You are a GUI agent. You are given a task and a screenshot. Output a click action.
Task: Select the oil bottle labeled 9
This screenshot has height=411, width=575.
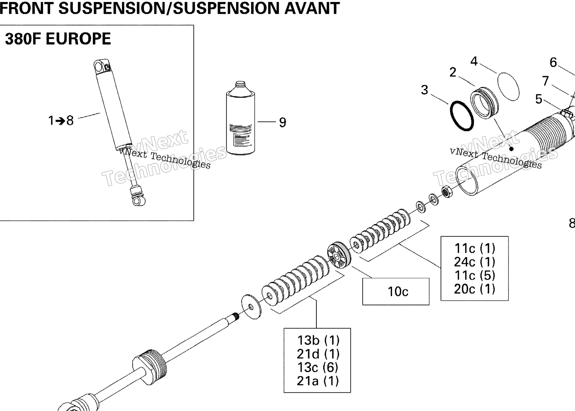240,118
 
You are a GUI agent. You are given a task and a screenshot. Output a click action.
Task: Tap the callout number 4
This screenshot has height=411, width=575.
474,61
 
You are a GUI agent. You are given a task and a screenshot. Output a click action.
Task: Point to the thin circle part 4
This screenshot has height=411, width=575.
508,86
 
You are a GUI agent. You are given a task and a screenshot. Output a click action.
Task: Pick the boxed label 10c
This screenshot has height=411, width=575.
398,292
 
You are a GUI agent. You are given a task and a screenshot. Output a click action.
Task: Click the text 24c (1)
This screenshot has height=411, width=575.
475,262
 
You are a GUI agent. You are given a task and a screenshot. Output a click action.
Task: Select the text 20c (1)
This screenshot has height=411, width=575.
475,289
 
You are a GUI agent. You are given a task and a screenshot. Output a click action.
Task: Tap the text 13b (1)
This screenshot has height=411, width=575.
318,340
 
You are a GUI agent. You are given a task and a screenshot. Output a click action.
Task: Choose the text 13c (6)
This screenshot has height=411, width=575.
318,367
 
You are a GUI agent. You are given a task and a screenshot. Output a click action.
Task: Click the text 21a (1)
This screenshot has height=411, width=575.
318,381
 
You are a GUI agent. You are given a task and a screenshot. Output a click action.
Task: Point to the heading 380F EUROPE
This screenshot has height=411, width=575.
58,39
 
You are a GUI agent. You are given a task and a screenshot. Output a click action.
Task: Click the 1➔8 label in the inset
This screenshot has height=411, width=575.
61,121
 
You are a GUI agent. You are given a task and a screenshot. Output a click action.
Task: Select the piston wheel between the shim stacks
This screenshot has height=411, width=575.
339,255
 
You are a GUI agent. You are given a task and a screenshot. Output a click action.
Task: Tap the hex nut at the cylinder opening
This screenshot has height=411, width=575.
447,192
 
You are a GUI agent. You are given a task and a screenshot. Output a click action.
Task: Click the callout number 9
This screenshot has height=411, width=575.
282,122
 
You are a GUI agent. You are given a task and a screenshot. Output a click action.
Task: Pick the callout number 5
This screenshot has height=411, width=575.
539,99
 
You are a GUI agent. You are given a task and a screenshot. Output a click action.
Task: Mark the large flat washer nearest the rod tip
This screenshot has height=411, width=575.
251,307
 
